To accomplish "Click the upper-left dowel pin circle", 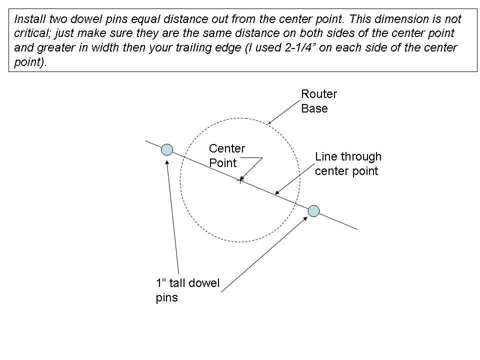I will (x=167, y=149).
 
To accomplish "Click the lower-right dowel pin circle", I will (x=313, y=211).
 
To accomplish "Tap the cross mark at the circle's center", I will (x=240, y=180).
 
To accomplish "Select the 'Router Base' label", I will (x=319, y=101).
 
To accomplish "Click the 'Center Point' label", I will (x=227, y=155).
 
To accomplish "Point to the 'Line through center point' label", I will (x=348, y=164).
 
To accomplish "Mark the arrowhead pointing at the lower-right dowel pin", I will (x=306, y=218).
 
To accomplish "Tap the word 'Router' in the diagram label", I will (x=319, y=94).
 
